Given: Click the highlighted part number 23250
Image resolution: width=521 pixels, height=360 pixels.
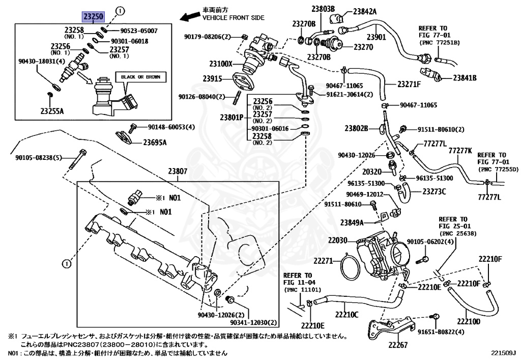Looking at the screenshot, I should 94,16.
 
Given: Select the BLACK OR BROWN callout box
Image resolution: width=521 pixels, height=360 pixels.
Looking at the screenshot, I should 140,77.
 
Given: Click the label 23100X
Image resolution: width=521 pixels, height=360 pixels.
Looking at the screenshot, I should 220,64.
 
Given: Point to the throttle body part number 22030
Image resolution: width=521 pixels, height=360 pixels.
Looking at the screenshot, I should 337,240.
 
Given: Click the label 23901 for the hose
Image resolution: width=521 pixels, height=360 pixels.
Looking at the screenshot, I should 377,37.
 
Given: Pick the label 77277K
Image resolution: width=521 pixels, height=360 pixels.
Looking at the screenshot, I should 460,150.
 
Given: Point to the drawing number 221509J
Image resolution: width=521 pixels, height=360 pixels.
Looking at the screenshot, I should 503,352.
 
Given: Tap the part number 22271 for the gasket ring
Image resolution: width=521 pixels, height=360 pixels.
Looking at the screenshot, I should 323,261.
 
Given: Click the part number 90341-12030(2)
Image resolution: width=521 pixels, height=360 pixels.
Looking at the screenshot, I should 253,322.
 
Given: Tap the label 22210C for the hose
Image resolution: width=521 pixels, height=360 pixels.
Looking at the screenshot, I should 346,314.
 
